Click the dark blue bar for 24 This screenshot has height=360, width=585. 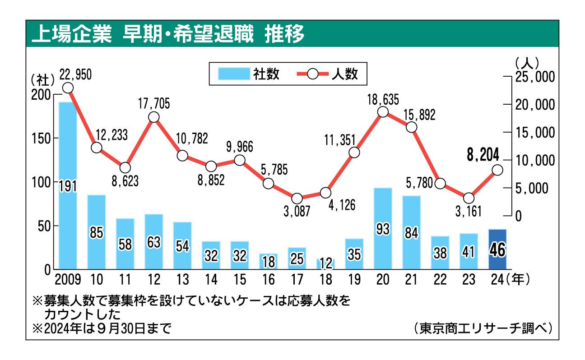[x=497, y=249]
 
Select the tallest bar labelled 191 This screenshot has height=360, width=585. [x=68, y=185]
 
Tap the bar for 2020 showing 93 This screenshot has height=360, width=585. [x=383, y=228]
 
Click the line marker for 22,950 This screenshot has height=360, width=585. [x=68, y=88]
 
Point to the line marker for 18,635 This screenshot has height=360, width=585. [x=383, y=112]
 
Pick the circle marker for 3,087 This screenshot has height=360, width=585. [x=297, y=198]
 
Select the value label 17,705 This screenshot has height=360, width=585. [x=154, y=104]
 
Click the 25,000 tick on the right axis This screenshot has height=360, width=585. [x=534, y=77]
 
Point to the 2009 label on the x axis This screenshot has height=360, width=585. [x=68, y=280]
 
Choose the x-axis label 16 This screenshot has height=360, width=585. [x=268, y=280]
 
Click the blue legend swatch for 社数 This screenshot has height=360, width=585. [x=234, y=74]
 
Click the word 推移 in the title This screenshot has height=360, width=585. [x=285, y=34]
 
